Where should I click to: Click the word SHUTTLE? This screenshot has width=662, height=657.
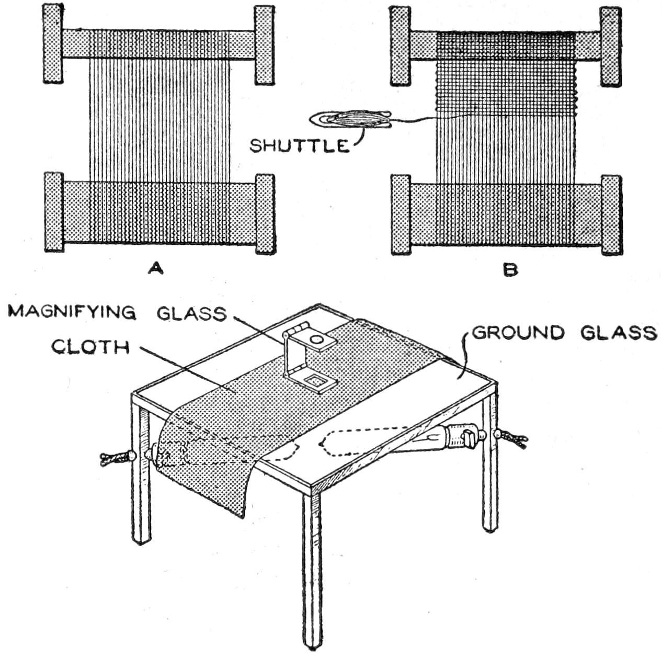click(299, 145)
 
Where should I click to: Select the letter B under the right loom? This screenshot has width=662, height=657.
click(510, 269)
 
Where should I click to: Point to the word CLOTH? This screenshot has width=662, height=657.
click(90, 347)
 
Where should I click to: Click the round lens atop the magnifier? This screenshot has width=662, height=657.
click(316, 340)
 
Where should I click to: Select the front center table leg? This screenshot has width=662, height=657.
click(312, 565)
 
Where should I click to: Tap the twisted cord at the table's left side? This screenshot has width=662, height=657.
click(114, 459)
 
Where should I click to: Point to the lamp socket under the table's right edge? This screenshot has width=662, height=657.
click(460, 435)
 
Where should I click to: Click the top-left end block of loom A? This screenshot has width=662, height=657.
click(53, 45)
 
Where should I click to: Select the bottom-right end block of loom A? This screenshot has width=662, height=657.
click(265, 213)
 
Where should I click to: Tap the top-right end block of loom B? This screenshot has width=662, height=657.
click(610, 47)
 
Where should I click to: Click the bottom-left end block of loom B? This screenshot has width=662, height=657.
click(401, 215)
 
